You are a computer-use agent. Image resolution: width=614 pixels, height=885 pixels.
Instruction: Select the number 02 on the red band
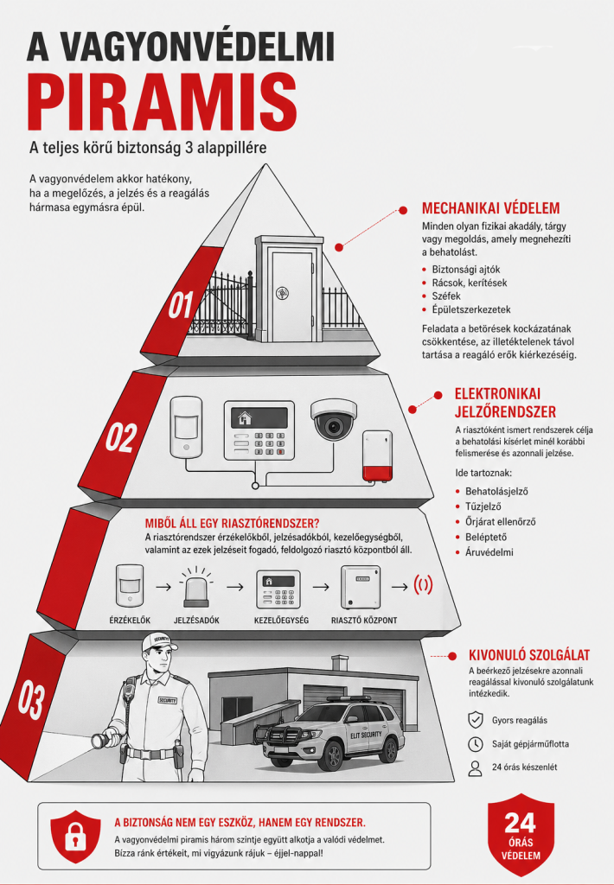[x=121, y=438]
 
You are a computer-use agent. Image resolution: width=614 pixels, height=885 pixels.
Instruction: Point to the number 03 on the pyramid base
[x=30, y=700]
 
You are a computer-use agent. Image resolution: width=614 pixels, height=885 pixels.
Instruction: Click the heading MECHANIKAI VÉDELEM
[x=491, y=208]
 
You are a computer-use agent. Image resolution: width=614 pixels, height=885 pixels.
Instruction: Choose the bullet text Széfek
[x=446, y=296]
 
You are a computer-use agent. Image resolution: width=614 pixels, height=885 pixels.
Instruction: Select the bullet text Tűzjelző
[x=483, y=506]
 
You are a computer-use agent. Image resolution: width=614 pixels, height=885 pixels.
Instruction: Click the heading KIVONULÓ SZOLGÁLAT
[x=529, y=655]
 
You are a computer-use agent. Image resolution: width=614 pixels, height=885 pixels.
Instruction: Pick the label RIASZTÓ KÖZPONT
[x=364, y=621]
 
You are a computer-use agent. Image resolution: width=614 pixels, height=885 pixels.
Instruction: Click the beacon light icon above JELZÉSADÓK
[x=196, y=587]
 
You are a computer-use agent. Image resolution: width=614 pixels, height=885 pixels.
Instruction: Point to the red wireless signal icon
[x=423, y=585]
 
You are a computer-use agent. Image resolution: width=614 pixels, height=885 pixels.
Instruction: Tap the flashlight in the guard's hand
[x=107, y=736]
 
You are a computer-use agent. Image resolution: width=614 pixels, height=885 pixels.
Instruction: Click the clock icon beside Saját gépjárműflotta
[x=476, y=744]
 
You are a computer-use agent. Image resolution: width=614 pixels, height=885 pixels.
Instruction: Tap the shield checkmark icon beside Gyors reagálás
[x=476, y=720]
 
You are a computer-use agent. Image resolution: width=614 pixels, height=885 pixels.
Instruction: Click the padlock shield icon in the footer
[x=75, y=837]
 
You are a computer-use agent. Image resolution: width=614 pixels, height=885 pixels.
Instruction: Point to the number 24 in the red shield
[x=521, y=823]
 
